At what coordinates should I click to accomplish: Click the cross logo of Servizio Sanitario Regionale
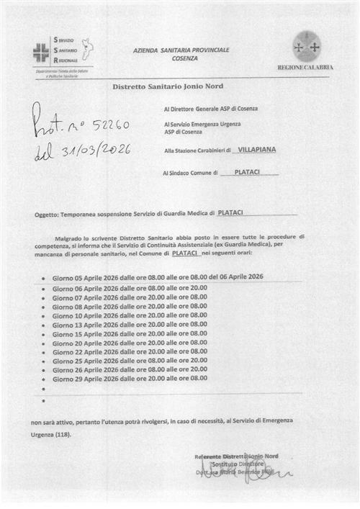pos(40,51)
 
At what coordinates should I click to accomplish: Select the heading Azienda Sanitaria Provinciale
pos(181,49)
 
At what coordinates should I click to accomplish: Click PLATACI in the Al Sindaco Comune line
pos(247,173)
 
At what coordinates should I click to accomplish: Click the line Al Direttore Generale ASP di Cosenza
pos(210,108)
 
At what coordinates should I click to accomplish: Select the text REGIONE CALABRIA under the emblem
pos(305,67)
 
